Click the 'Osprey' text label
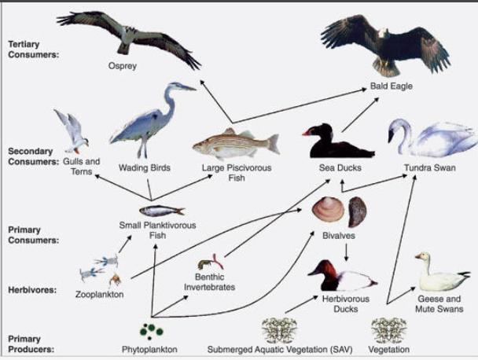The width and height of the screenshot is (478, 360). [x=122, y=66]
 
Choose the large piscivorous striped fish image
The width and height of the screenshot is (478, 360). [x=235, y=144]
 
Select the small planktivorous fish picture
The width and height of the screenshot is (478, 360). [x=161, y=210]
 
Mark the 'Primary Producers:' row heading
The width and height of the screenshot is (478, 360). [x=30, y=343]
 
